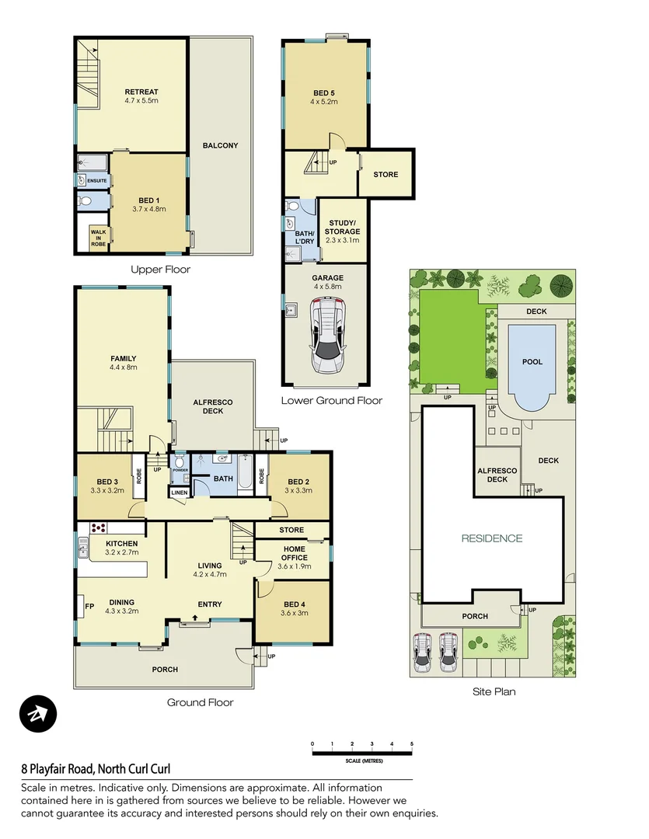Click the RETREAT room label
pos(141,92)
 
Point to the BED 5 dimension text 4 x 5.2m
pos(324,102)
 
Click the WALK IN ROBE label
pos(98,238)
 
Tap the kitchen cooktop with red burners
pos(98,528)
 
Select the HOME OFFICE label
pos(293,552)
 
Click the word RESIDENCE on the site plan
pos(491,538)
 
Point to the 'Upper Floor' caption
pos(160,270)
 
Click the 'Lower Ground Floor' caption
pos(332,401)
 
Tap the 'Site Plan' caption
pos(494,691)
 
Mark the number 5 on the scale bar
pos(411,743)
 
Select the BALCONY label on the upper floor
pos(221,145)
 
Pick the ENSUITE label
pos(97,181)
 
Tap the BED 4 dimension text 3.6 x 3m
pos(295,613)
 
